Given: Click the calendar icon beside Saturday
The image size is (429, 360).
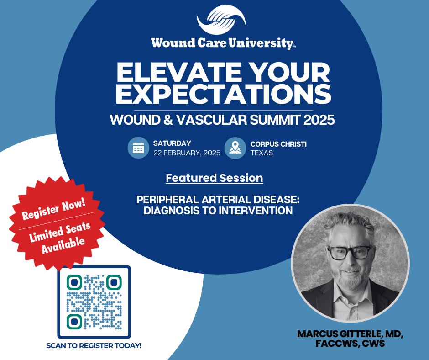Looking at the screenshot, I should (x=138, y=148).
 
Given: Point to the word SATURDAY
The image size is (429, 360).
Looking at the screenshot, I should (x=172, y=143).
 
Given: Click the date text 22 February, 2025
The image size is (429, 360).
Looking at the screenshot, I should (x=187, y=153).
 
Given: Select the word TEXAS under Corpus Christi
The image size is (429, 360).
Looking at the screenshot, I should (x=262, y=153).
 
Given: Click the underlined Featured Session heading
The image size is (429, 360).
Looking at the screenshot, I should (x=214, y=178).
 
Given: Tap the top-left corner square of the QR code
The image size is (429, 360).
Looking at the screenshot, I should (x=74, y=282).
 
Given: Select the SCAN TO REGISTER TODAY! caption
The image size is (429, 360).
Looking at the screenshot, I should (x=94, y=345).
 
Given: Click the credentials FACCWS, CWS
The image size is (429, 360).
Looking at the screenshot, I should (x=350, y=344).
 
